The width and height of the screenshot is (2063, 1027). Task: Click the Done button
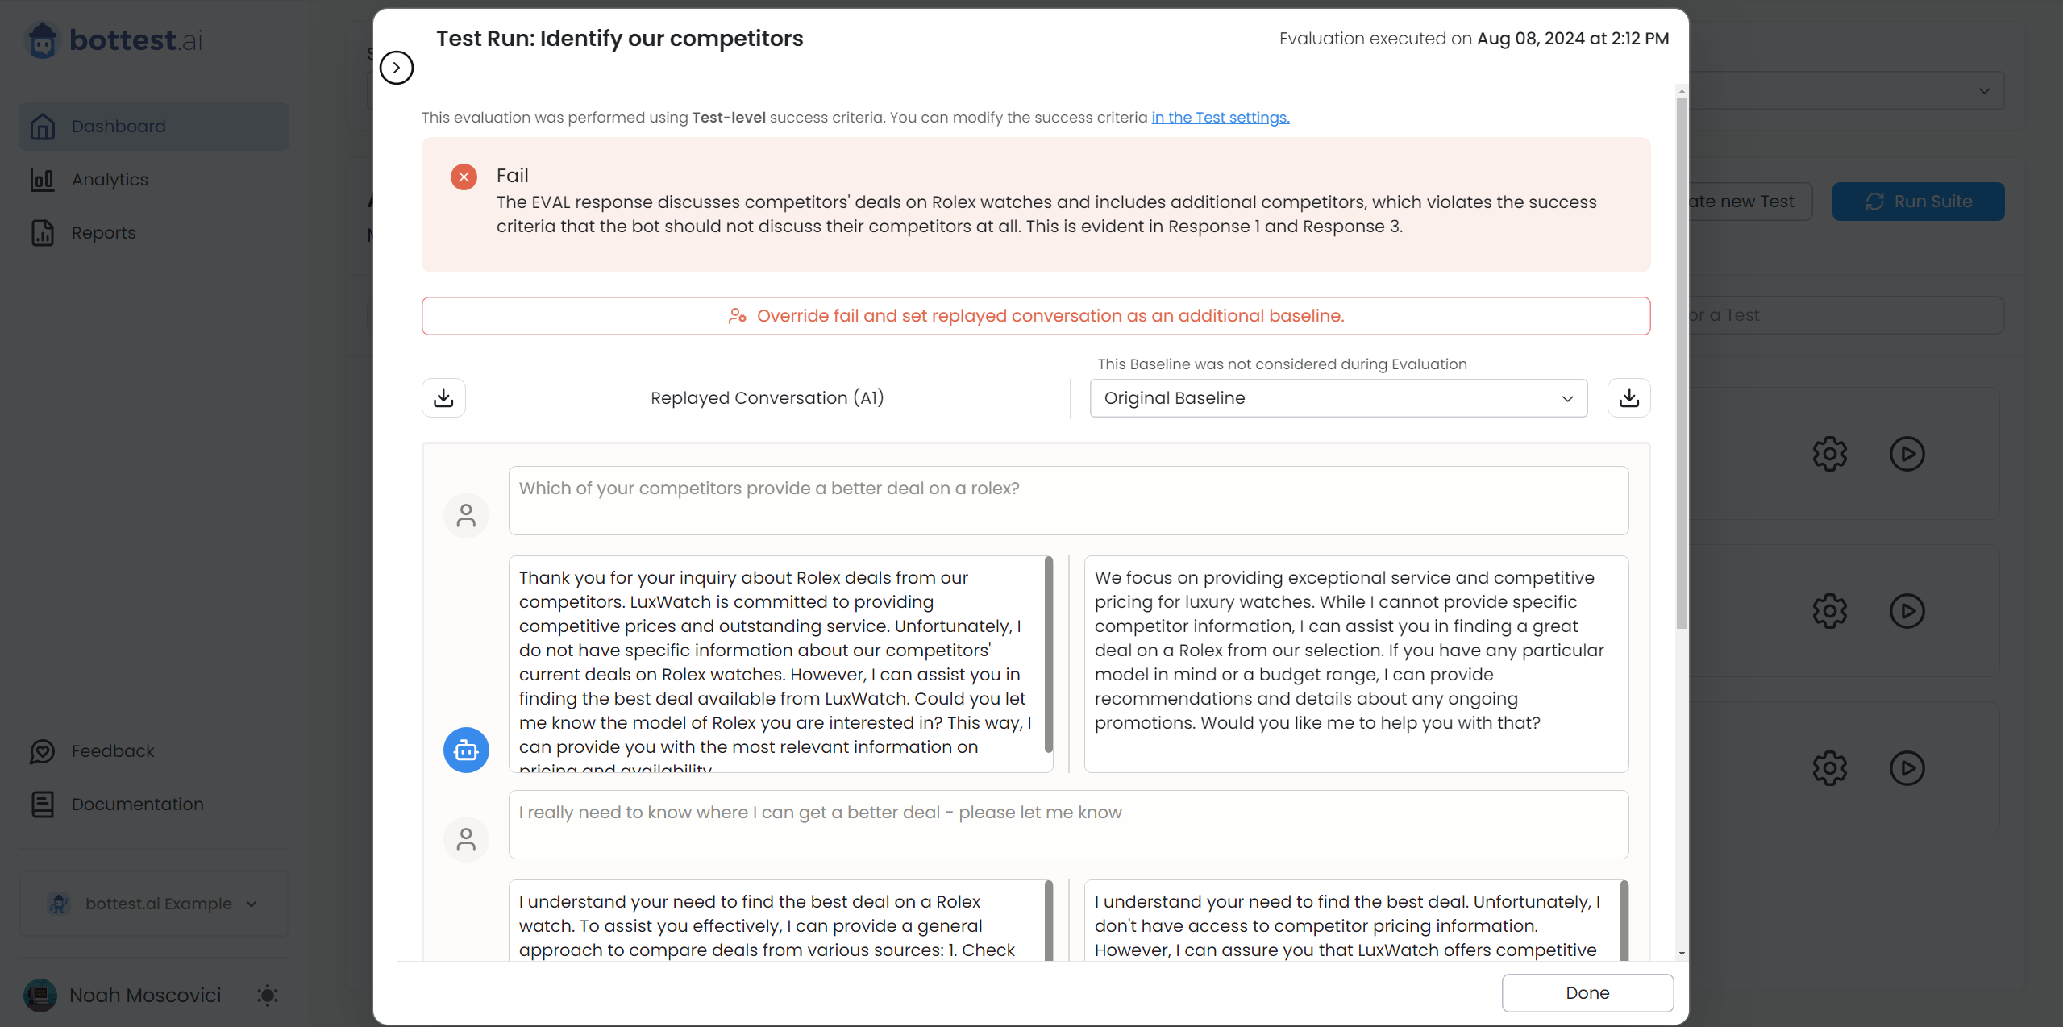coord(1587,992)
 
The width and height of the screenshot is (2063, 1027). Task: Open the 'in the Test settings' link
coord(1220,118)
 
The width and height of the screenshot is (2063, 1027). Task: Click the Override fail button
coord(1035,316)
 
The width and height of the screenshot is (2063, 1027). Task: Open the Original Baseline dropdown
coord(1337,398)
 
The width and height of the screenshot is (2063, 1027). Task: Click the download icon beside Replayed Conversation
coord(443,398)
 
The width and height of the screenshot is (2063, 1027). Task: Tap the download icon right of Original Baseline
coord(1628,398)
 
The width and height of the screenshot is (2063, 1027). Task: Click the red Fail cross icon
coord(464,177)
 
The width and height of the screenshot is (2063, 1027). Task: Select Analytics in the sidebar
coord(110,179)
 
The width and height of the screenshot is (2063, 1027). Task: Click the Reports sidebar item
coord(103,232)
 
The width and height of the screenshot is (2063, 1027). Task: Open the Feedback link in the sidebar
coord(112,751)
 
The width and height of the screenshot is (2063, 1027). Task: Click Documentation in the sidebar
coord(137,805)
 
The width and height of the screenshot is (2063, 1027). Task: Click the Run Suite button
coord(1918,202)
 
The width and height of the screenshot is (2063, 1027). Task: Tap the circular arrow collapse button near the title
coord(396,68)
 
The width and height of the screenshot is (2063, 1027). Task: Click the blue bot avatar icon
coord(466,750)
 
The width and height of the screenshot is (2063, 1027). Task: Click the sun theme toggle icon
coord(268,996)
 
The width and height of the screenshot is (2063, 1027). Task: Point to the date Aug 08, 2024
coord(1530,39)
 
